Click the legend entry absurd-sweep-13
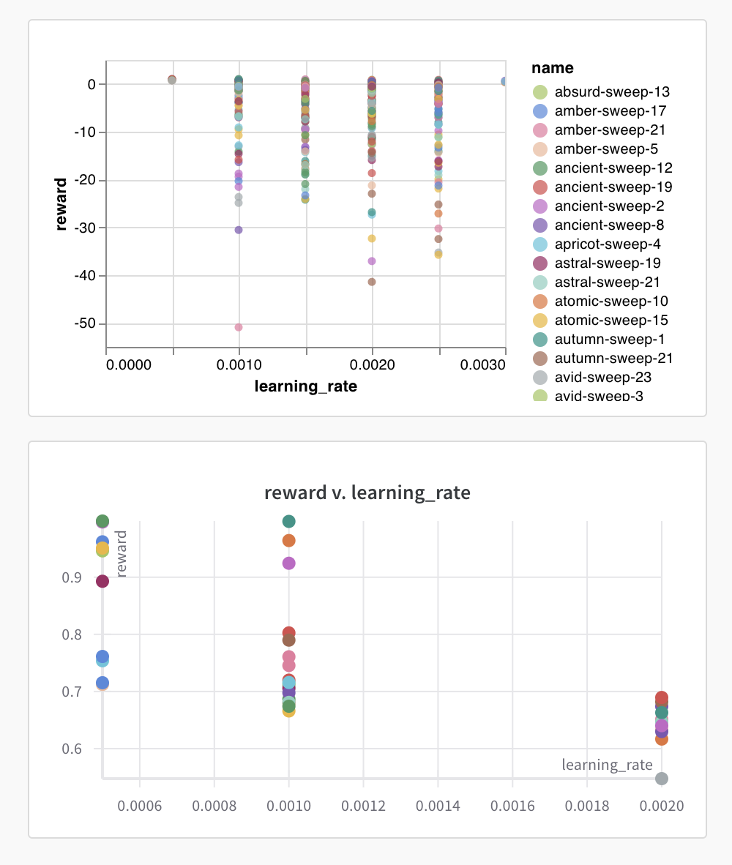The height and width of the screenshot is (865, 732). pyautogui.click(x=612, y=92)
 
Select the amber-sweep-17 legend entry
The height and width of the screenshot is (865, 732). pyautogui.click(x=610, y=111)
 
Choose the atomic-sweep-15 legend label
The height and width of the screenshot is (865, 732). pyautogui.click(x=611, y=321)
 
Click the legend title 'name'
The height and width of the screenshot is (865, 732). pyautogui.click(x=553, y=68)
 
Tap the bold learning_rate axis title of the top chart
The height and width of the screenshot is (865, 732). pyautogui.click(x=306, y=386)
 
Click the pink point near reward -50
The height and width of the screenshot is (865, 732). pyautogui.click(x=239, y=327)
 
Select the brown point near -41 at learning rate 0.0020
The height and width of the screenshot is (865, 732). pyautogui.click(x=372, y=282)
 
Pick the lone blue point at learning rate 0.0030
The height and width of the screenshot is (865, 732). pyautogui.click(x=504, y=81)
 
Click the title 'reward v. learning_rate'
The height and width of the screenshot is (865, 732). pyautogui.click(x=367, y=493)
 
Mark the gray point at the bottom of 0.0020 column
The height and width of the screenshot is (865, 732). pyautogui.click(x=662, y=778)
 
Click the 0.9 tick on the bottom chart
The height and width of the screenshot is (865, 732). pyautogui.click(x=72, y=577)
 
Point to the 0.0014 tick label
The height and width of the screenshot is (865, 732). pyautogui.click(x=438, y=806)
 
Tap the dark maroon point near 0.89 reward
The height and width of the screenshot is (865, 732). pyautogui.click(x=102, y=581)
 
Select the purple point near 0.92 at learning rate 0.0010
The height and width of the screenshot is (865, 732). pyautogui.click(x=289, y=563)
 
